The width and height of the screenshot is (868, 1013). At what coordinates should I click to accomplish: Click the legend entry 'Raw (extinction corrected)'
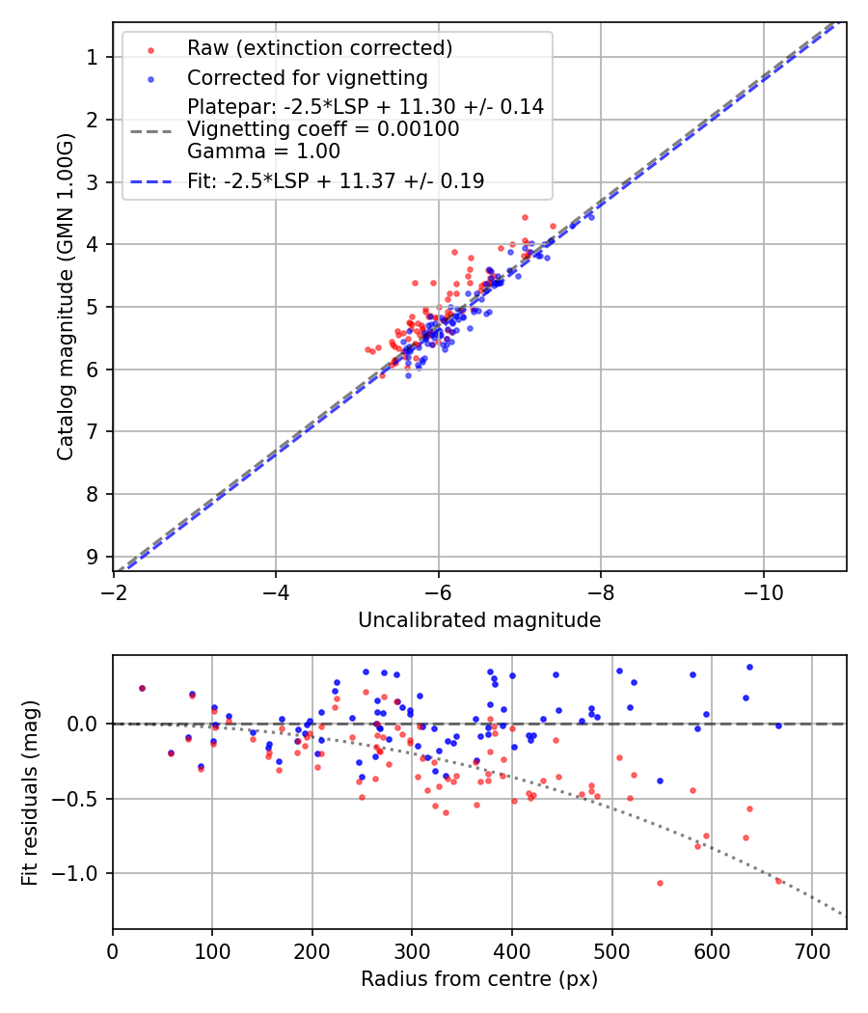pos(319,47)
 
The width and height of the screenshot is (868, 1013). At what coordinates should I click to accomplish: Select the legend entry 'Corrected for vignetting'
pos(307,77)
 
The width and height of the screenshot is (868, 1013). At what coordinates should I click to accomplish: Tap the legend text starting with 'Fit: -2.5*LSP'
pos(336,180)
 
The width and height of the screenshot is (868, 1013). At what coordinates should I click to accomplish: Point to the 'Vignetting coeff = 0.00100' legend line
pos(323,128)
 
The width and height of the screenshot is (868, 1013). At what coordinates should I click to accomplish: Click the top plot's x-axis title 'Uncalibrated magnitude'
pos(479,620)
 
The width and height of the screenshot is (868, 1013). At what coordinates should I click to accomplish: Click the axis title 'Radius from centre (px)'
pos(479,979)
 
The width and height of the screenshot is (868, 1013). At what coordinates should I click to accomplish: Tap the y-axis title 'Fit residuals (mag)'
pos(30,792)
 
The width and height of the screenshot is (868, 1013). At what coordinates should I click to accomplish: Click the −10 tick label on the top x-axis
pos(764,589)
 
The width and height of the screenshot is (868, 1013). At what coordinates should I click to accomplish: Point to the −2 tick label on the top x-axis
pos(114,589)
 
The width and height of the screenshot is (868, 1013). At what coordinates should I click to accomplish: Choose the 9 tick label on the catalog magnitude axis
pos(93,557)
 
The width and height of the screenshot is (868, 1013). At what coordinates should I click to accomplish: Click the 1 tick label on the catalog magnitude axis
pos(93,57)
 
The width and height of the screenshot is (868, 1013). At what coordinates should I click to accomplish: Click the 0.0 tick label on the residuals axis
pos(85,724)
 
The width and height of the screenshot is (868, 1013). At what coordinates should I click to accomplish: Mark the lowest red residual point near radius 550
pos(660,883)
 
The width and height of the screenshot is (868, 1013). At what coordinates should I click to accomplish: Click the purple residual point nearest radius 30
pos(142,688)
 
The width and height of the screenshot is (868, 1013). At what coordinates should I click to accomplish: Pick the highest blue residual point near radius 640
pos(749,667)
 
